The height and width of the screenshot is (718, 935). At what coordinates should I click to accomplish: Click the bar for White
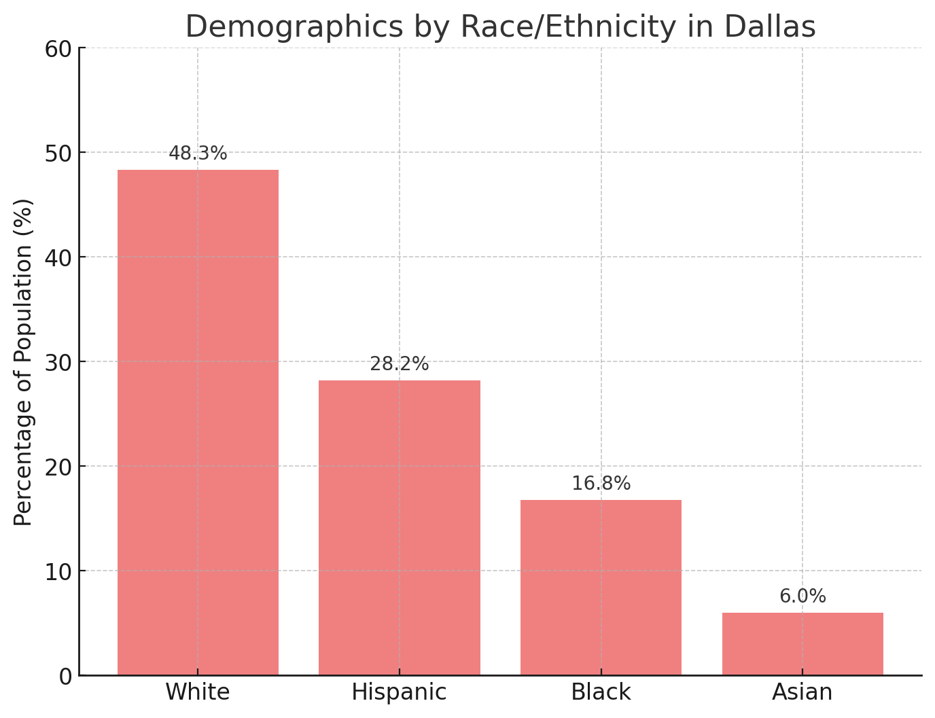(x=198, y=422)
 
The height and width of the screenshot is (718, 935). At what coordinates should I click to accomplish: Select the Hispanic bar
(x=400, y=527)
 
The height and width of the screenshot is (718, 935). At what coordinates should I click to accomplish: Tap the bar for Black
(x=601, y=587)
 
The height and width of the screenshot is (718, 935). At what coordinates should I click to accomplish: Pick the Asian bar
(x=802, y=643)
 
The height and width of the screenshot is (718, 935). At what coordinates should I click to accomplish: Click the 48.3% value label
(x=198, y=154)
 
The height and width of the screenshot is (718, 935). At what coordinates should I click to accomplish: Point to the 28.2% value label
(x=400, y=364)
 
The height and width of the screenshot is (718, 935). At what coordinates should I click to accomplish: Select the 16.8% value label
(x=601, y=484)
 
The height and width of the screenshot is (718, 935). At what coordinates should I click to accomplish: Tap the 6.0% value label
(x=802, y=596)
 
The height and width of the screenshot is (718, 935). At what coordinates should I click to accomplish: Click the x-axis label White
(x=198, y=692)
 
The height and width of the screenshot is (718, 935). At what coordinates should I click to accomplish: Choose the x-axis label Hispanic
(x=400, y=692)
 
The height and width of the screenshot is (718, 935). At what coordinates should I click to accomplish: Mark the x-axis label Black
(x=601, y=692)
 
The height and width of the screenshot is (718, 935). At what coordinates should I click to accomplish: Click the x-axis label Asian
(x=802, y=692)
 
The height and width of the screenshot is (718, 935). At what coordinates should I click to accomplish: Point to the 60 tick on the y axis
(x=57, y=48)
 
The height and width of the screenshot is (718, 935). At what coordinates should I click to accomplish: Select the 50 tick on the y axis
(x=57, y=153)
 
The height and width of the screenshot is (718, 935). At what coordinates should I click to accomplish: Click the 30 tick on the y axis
(x=57, y=362)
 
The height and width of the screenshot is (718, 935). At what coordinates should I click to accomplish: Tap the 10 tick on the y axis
(x=57, y=571)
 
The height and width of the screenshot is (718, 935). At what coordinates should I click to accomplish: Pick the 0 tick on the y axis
(x=65, y=676)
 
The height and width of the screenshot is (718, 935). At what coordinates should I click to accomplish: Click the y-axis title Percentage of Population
(x=24, y=361)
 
